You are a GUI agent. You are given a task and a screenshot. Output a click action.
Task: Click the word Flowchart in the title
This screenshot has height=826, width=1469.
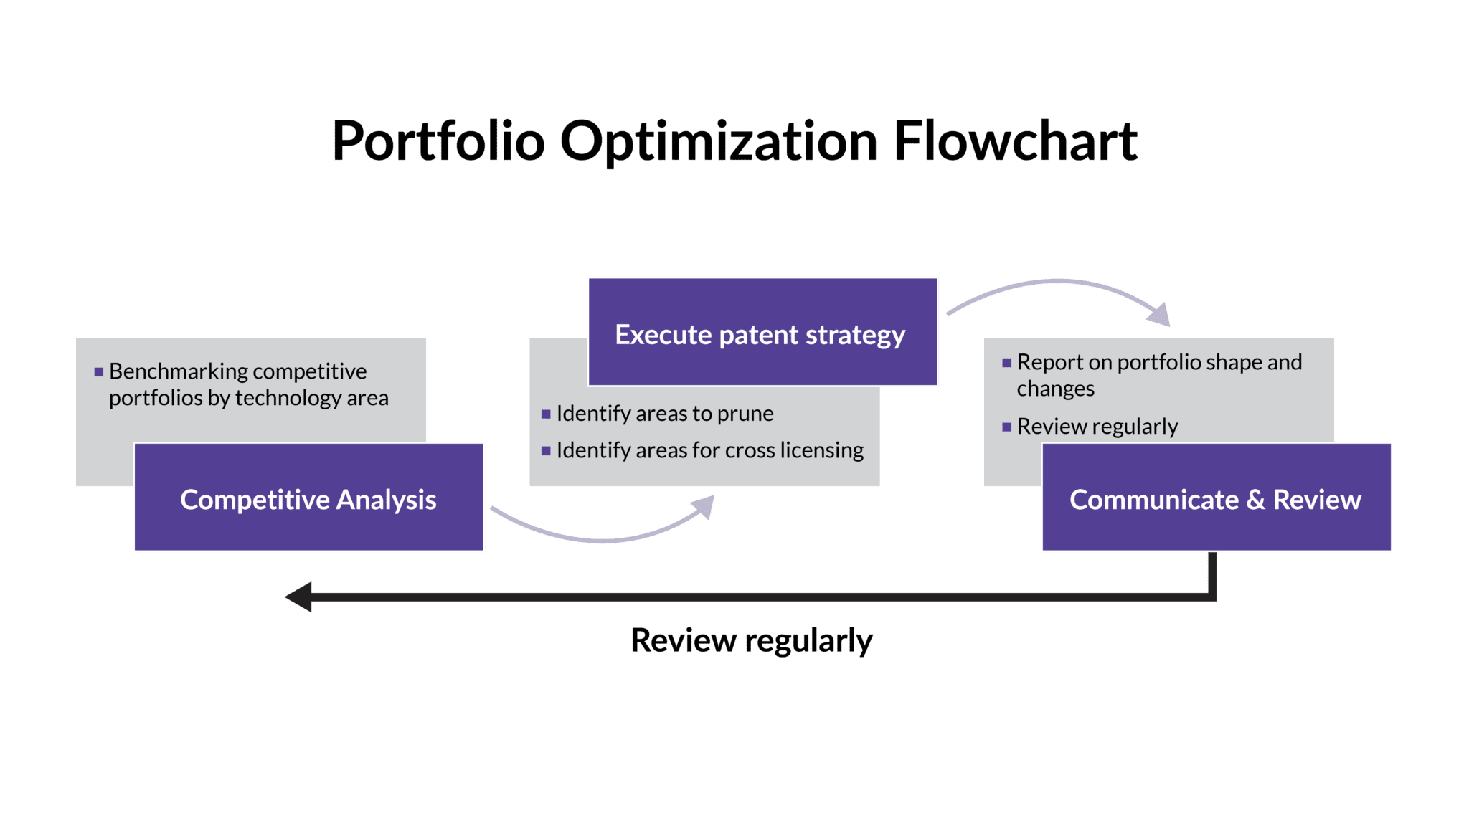coord(1015,141)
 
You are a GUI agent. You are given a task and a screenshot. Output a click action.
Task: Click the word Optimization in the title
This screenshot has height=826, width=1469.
coord(719,141)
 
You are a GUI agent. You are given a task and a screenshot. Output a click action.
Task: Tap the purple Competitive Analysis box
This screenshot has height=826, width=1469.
coord(308,497)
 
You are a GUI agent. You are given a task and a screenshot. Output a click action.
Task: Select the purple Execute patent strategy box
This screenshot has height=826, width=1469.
coord(762,332)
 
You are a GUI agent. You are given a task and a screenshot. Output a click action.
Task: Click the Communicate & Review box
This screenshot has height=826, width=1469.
coord(1217,497)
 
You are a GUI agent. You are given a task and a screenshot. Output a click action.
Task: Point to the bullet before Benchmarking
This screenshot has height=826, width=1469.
coord(99,372)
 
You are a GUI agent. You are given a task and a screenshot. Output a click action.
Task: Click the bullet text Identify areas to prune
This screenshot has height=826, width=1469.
coord(665,414)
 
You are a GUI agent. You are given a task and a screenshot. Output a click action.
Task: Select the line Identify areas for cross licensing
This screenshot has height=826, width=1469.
coord(710,450)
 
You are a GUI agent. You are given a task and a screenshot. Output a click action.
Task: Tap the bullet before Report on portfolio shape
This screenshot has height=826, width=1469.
coord(1007,363)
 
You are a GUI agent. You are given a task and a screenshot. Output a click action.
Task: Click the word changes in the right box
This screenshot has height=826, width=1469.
coord(1055,389)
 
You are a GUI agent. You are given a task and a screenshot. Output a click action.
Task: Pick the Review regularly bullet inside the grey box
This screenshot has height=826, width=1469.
coord(1097,427)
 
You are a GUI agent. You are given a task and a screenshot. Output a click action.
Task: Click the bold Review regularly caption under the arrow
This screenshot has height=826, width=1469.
coord(752,640)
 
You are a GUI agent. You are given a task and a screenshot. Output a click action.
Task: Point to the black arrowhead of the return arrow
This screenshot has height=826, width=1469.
coord(298,597)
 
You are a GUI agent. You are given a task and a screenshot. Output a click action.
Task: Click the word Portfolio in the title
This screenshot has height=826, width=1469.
coord(438,141)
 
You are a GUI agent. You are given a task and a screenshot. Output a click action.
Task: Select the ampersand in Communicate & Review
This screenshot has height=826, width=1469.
coord(1255,500)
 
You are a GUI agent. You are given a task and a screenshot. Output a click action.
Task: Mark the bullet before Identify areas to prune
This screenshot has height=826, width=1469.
coord(546,414)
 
